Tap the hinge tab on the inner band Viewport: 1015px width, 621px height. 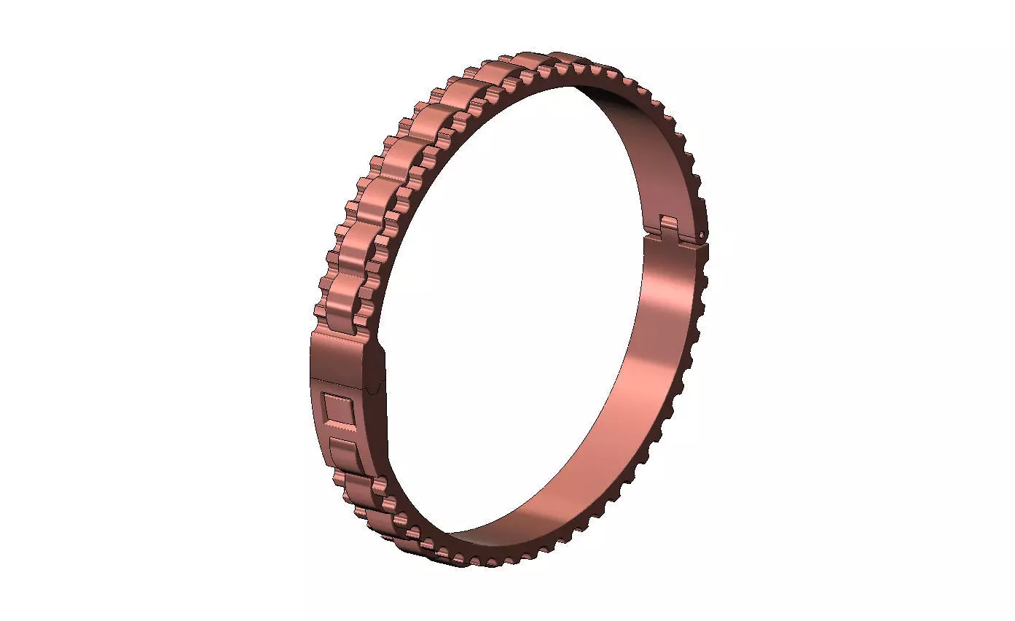coord(671,225)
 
